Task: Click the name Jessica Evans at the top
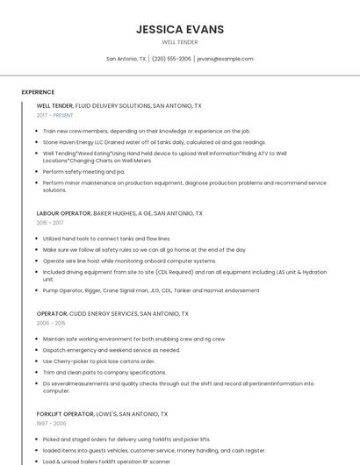tap(180, 29)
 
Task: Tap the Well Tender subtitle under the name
tap(180, 42)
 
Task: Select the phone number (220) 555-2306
tap(171, 59)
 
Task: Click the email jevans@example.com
tap(225, 59)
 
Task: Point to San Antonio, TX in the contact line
tap(126, 59)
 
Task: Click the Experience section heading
tap(38, 92)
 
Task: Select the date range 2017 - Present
tap(55, 115)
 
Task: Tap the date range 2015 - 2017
tap(50, 223)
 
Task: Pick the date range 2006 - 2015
tap(51, 323)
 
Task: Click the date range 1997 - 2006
tap(51, 423)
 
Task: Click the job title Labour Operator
tap(63, 213)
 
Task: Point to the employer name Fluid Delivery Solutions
tap(113, 105)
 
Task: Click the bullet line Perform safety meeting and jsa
tap(83, 172)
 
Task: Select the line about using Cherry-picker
tap(98, 361)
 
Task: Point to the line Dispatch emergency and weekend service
tap(111, 349)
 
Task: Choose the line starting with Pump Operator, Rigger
tap(151, 290)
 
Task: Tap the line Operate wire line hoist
tap(129, 261)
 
